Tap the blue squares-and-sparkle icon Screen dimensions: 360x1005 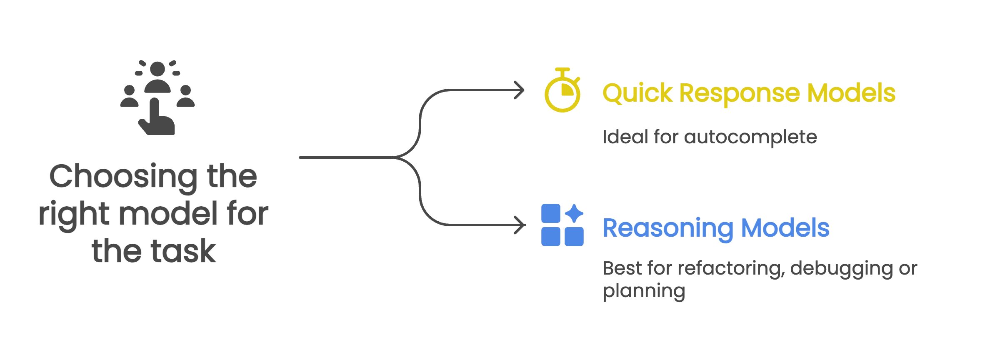coord(562,225)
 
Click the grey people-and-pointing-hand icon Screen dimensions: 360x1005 coord(157,97)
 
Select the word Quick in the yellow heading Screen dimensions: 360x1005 coord(637,93)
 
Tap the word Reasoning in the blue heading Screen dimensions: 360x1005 coord(668,228)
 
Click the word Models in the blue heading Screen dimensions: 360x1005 coord(785,228)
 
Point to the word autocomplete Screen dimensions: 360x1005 coord(750,137)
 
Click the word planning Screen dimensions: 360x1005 coord(644,291)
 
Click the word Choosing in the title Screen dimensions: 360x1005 coord(123,177)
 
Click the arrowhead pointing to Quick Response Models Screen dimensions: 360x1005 coord(520,90)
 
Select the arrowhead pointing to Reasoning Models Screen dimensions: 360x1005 coord(521,225)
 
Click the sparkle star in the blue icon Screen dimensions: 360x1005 coord(574,213)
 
